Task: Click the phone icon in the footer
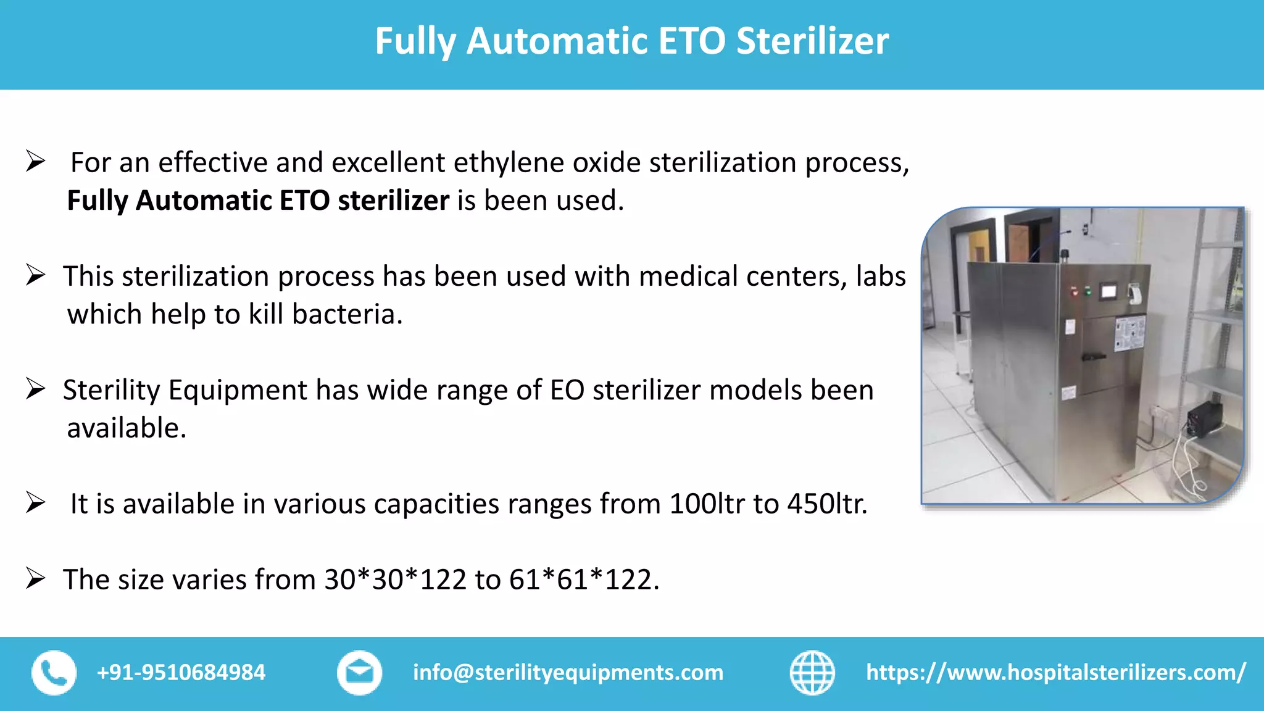pyautogui.click(x=54, y=673)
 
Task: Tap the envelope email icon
pyautogui.click(x=359, y=673)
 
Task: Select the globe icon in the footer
pyautogui.click(x=812, y=673)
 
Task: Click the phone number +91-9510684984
pyautogui.click(x=181, y=673)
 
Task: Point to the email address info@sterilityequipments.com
pyautogui.click(x=568, y=673)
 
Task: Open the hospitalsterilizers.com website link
pyautogui.click(x=1056, y=673)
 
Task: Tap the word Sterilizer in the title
pyautogui.click(x=812, y=41)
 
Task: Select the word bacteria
pyautogui.click(x=347, y=314)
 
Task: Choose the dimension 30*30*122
pyautogui.click(x=396, y=580)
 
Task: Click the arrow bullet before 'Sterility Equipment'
pyautogui.click(x=36, y=389)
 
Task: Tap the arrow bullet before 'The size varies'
pyautogui.click(x=36, y=579)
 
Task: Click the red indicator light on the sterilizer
pyautogui.click(x=1075, y=291)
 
